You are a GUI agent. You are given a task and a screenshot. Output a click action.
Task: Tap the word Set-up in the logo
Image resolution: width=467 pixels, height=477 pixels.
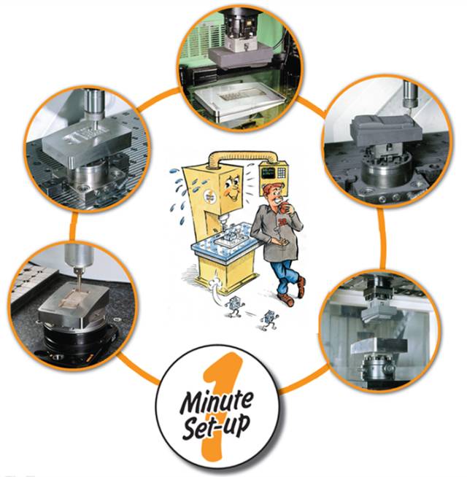pos(216,425)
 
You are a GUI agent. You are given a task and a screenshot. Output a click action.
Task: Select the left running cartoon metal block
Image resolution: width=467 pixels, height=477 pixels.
pos(234,308)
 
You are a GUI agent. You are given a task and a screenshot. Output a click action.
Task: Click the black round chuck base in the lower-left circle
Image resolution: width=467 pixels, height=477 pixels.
pos(77,341)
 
